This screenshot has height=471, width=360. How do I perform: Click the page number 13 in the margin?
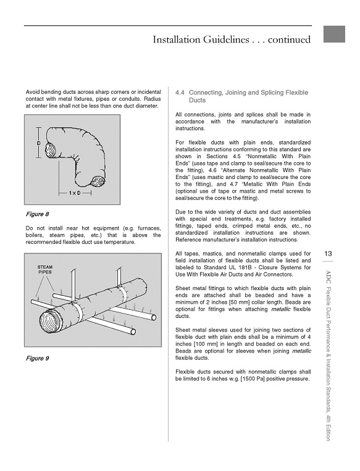[328, 254]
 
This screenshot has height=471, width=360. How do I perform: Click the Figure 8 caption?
[37, 214]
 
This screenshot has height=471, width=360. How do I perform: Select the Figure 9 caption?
[37, 359]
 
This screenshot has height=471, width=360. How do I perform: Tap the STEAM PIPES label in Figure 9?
[45, 269]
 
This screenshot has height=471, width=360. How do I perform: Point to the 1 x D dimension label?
[75, 193]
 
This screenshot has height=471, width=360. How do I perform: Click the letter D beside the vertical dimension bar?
[38, 144]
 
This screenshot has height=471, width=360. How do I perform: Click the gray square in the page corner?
[334, 34]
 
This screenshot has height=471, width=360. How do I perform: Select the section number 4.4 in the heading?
[180, 93]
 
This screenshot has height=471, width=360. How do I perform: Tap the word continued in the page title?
[289, 40]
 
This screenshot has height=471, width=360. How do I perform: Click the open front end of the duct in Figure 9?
[52, 322]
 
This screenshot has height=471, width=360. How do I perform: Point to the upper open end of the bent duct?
[51, 150]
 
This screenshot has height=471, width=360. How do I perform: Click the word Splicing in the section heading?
[272, 93]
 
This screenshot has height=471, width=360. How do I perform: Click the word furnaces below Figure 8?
[149, 228]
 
